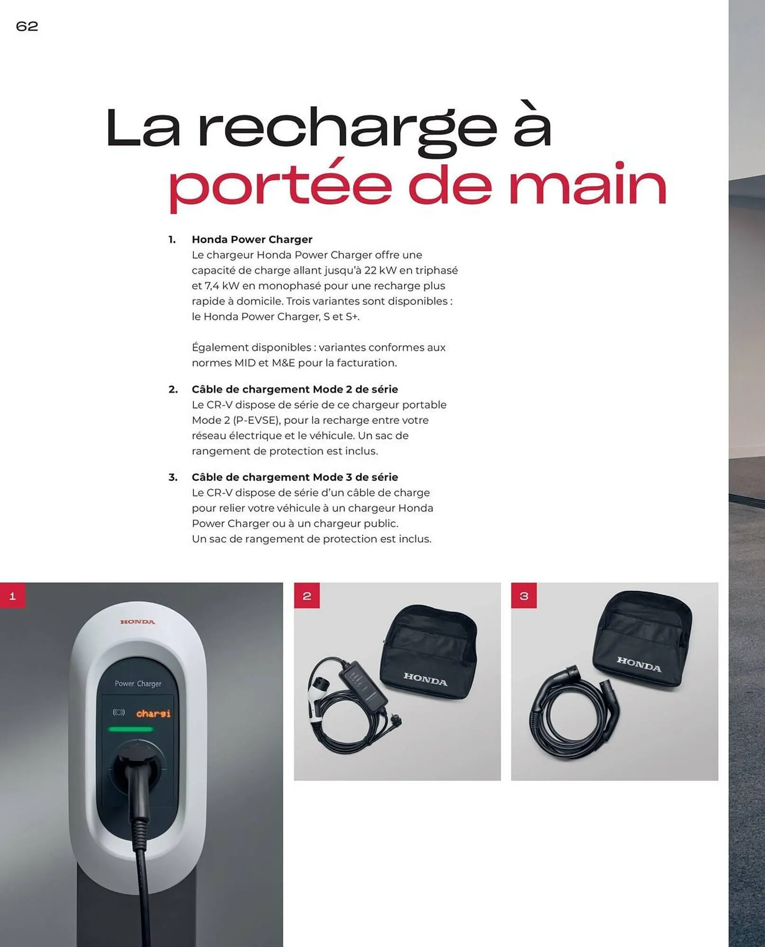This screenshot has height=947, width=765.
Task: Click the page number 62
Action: pos(27,26)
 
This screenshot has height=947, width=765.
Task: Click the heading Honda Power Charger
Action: pos(252,240)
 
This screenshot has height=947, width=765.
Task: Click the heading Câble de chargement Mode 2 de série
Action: pos(294,389)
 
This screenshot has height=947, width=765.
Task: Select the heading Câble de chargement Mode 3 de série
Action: pos(294,477)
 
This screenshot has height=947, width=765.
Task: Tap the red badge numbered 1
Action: pos(13,596)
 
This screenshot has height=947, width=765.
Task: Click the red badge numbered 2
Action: pos(306,596)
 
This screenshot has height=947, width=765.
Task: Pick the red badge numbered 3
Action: pos(523,596)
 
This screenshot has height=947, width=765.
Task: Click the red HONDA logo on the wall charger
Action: pos(137,622)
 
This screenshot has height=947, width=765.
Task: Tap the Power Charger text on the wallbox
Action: pos(138,684)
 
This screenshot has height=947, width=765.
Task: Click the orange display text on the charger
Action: pos(153,714)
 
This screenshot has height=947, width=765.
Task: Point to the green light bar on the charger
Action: pos(130,729)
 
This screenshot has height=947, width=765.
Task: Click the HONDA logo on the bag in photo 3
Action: pos(639,664)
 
